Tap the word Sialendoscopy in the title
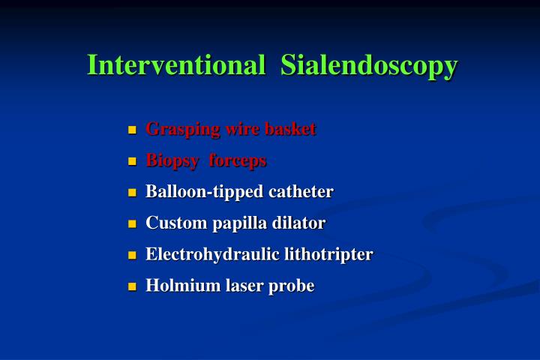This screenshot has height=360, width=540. [369, 66]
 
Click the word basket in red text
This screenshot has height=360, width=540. [291, 129]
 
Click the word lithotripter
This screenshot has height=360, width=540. [328, 254]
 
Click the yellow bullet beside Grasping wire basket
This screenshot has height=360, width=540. [133, 130]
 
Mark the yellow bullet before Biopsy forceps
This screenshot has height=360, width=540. [133, 161]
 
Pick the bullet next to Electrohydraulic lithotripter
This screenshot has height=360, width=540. [133, 255]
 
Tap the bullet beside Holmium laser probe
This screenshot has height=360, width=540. [133, 286]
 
